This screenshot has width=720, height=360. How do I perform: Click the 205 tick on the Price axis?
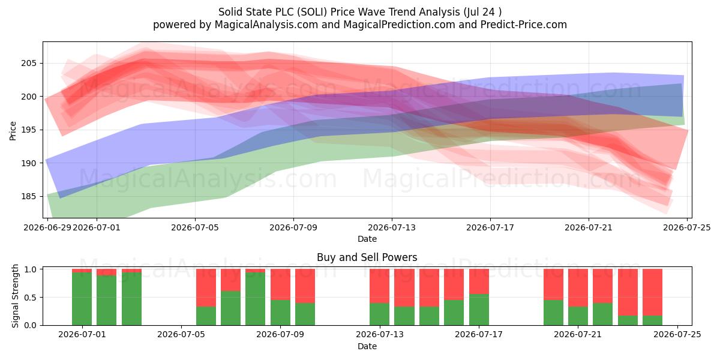29,64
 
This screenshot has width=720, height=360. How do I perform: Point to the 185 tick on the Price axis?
29,196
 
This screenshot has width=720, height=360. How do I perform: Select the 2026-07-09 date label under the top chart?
293,227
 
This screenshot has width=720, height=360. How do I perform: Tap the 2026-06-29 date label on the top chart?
47,227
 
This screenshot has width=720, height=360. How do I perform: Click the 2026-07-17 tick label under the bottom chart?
479,334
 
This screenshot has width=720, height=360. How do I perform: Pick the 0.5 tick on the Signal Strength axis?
30,298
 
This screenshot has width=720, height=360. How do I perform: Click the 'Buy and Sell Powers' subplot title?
367,257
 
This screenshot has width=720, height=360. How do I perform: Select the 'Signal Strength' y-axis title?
15,296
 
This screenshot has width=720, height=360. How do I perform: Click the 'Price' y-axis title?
13,131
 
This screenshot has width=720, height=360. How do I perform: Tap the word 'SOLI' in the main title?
312,12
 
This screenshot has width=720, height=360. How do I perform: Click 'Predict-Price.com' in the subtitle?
524,25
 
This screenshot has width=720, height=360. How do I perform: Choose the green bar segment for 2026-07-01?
82,299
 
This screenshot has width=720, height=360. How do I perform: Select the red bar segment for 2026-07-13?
379,286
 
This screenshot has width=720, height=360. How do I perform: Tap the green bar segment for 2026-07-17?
479,310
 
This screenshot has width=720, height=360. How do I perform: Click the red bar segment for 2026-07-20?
553,284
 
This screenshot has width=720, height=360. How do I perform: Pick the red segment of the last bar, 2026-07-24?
653,292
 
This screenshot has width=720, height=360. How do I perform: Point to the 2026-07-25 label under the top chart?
687,227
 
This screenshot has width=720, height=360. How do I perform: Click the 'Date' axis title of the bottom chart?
367,346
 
